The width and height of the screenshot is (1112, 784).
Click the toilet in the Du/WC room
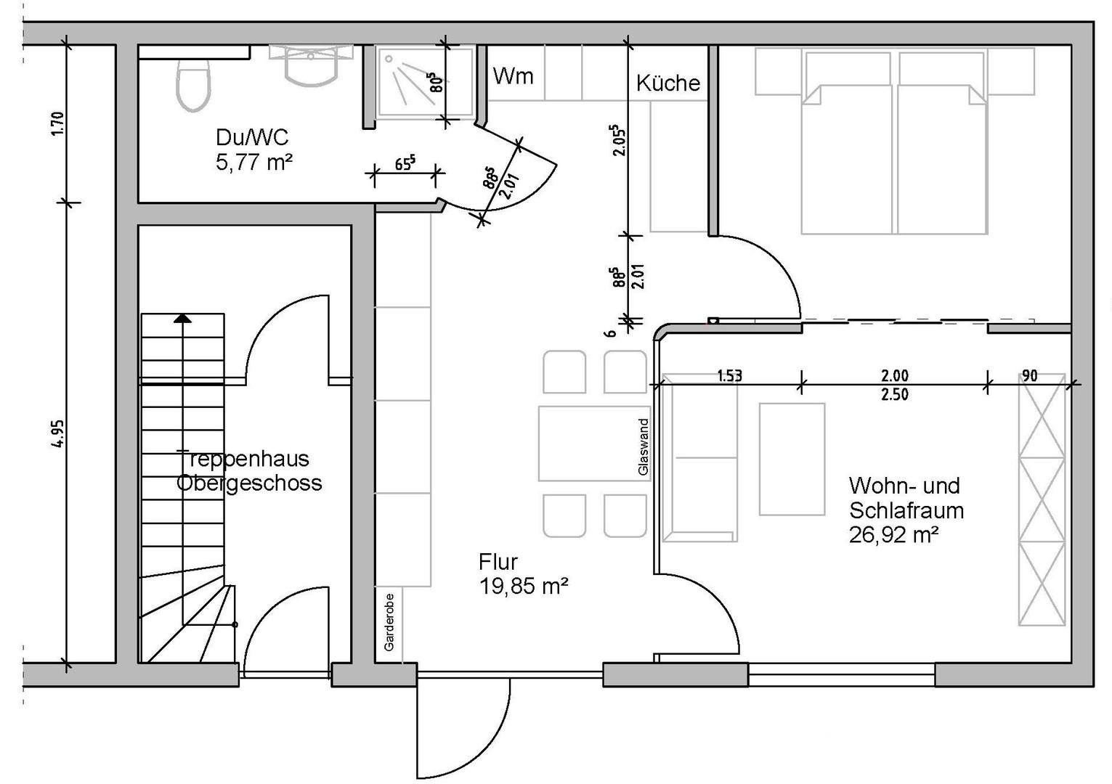click(193, 83)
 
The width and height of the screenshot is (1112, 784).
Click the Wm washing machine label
click(513, 75)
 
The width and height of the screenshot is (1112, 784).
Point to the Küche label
click(667, 83)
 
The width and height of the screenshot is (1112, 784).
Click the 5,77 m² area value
click(253, 162)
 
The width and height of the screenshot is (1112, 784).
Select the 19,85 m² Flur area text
click(523, 586)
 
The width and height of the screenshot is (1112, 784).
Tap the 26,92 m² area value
click(894, 535)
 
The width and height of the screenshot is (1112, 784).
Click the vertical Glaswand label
click(642, 447)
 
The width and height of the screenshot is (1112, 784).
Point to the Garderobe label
click(389, 621)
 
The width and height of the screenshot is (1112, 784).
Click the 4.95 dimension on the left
click(59, 434)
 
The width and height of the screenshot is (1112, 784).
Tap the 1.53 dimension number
click(729, 375)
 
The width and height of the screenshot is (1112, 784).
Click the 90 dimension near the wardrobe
click(1029, 375)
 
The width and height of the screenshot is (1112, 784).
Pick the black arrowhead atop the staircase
click(182, 318)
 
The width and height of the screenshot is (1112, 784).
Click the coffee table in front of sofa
click(792, 459)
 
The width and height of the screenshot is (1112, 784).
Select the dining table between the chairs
click(593, 443)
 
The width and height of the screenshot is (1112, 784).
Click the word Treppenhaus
click(243, 459)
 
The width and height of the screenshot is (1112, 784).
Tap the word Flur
click(498, 561)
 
